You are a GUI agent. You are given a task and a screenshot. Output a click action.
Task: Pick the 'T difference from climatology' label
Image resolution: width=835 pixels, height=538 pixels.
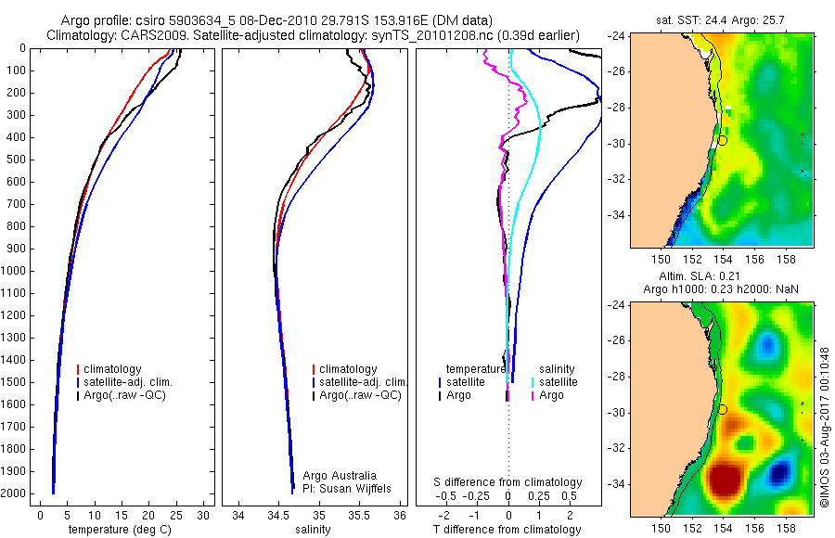tap(507, 530)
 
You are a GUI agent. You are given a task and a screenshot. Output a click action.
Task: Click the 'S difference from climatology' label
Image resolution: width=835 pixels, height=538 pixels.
tap(507, 482)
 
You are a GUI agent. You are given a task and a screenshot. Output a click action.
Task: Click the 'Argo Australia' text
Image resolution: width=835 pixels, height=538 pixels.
tap(340, 476)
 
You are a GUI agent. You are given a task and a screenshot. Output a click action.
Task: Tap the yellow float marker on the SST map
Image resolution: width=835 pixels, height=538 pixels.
tap(722, 140)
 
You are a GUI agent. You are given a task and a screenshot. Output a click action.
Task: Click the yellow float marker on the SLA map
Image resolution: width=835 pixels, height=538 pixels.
tap(722, 409)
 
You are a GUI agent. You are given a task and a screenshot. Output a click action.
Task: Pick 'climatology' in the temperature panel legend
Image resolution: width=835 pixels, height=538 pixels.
tap(111, 369)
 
